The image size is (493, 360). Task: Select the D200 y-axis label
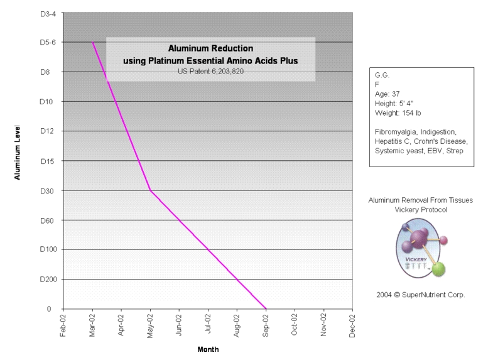coord(49,280)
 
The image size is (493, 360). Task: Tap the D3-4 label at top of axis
coord(50,13)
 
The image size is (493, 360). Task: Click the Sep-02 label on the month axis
coord(266,325)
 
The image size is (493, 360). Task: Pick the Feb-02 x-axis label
coord(63,325)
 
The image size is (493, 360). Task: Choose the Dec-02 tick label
coord(352,325)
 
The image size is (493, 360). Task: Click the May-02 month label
coord(150,325)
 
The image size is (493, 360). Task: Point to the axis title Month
coord(208,349)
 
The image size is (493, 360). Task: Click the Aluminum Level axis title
coord(18,152)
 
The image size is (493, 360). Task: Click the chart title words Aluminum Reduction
coord(210,48)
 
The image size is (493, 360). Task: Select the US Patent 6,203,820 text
coord(210,71)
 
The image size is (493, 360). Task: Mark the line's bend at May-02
coord(150,190)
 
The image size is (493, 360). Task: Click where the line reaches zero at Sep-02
coord(266,308)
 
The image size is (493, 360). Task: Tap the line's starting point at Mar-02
coord(93,42)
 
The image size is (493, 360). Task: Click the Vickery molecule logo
coord(420,250)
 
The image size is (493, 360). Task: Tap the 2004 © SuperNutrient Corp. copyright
coord(420,294)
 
